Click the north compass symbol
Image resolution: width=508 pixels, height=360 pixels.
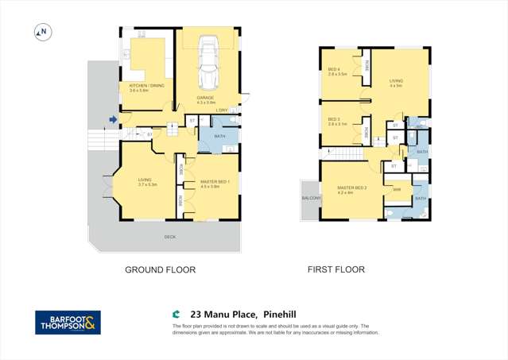[x=44, y=33]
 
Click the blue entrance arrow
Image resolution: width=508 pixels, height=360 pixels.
[x=114, y=120]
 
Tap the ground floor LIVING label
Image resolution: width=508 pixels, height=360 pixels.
[x=145, y=181]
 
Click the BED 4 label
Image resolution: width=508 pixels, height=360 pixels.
[x=334, y=69]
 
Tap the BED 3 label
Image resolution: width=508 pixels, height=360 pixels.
[x=334, y=120]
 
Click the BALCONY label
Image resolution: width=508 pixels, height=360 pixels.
[x=310, y=197]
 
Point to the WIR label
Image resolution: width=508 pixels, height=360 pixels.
[x=397, y=189]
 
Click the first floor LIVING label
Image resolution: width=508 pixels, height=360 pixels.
[x=396, y=82]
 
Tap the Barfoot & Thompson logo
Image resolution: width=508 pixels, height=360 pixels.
[x=68, y=322]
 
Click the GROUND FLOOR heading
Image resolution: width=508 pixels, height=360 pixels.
[x=160, y=269]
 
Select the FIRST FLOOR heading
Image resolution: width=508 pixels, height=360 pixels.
[x=335, y=269]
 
